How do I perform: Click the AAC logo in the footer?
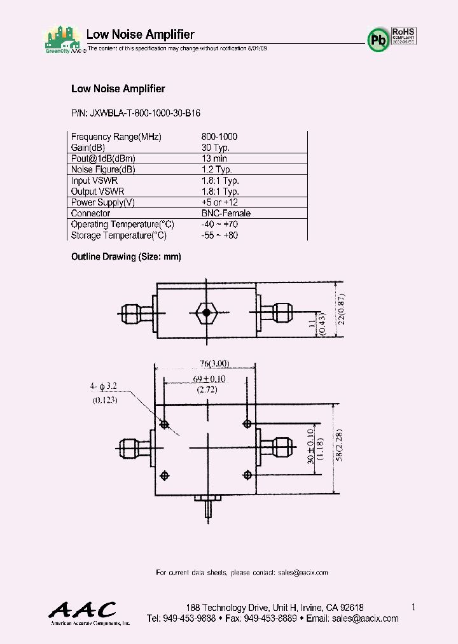pos(83,611)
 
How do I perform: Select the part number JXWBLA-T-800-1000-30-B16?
pos(135,113)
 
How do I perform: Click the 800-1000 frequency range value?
pos(219,137)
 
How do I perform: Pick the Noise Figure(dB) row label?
pos(103,170)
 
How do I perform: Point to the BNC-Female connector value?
pos(226,213)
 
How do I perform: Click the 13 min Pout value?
pos(214,158)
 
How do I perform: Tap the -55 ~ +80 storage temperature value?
pos(219,235)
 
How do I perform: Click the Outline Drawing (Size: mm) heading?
pos(126,256)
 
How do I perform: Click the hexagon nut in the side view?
pos(205,312)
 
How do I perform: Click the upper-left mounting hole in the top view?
pos(165,424)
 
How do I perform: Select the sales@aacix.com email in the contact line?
pos(303,572)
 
